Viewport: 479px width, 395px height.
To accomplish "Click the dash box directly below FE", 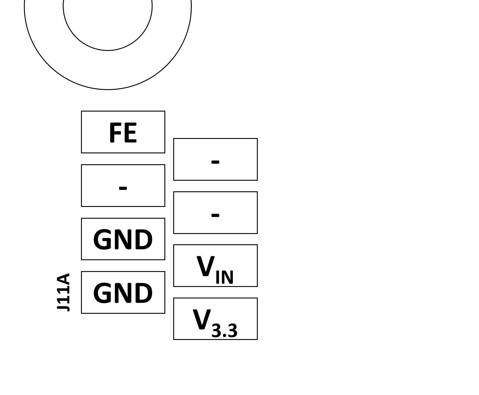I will click(x=123, y=185).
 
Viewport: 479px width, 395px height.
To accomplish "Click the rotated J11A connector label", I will click(x=64, y=292).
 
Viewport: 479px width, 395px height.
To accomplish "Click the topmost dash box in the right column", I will click(x=215, y=159).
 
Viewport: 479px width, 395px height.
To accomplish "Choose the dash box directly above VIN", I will click(x=215, y=213).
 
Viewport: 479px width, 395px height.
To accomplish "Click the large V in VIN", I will click(x=205, y=266).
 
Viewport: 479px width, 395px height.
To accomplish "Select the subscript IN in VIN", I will click(x=224, y=277).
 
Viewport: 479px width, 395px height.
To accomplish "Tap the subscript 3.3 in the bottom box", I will click(x=224, y=331).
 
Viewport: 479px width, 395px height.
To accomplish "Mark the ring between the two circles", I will click(x=108, y=70).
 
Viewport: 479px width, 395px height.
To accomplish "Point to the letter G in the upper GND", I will click(x=102, y=240).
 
